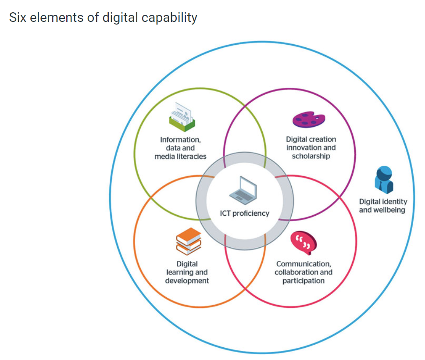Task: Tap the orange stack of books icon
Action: (189, 242)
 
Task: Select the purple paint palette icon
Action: (309, 119)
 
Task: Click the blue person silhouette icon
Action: (383, 180)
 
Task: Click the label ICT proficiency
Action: (245, 214)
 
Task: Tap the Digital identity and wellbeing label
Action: (383, 206)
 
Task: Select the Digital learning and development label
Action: (187, 272)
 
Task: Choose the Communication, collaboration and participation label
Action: (304, 272)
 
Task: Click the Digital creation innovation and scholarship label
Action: (311, 148)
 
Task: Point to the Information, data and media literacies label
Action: (180, 148)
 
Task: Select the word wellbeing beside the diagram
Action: (388, 210)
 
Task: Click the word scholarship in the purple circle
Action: (311, 156)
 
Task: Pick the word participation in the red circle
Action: (304, 281)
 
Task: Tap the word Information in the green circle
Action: (180, 140)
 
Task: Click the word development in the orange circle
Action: (187, 281)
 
